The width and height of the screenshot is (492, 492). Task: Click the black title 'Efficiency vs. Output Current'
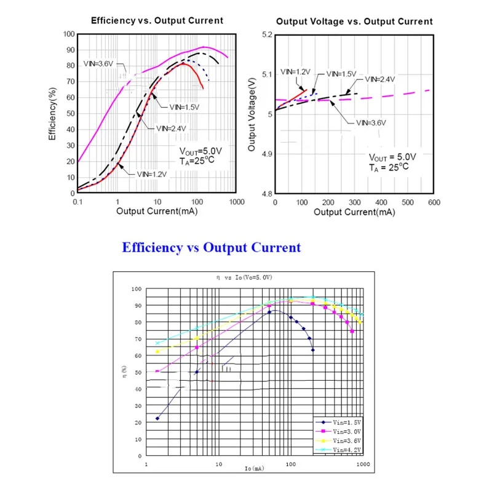tap(157, 20)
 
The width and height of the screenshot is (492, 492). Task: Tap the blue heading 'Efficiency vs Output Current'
tap(212, 248)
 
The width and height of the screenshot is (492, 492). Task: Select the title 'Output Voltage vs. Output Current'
tap(354, 21)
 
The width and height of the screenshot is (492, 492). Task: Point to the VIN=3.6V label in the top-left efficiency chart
tap(98, 63)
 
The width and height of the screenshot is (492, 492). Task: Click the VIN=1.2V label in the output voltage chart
tap(295, 72)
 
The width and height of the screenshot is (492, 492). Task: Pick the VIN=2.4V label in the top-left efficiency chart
tap(171, 129)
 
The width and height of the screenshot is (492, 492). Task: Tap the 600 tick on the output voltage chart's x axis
tap(434, 202)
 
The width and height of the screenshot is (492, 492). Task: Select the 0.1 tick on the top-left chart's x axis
tap(77, 202)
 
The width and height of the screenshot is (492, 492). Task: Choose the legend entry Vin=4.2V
tap(342, 450)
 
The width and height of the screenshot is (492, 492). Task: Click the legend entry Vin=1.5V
tap(342, 423)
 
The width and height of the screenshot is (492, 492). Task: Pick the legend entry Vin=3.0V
tap(342, 432)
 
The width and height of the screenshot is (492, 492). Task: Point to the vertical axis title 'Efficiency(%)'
tap(53, 114)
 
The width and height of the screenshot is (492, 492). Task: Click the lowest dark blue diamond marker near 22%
tap(157, 418)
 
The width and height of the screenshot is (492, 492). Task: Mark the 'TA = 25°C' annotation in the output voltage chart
tap(389, 167)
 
